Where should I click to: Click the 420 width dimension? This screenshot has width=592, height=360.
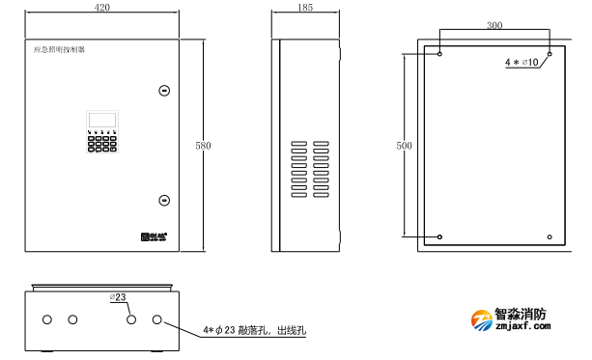102,8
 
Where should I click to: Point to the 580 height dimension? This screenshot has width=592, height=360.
203,146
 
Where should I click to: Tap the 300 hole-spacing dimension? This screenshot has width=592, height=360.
494,24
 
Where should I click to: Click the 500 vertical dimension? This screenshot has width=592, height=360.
405,146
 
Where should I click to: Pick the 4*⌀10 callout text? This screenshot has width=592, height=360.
522,63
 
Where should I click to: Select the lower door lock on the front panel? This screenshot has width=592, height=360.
164,201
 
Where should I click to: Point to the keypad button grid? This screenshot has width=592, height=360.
100,143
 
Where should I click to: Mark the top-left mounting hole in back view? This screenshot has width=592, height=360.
440,54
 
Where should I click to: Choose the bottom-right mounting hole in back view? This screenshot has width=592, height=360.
550,237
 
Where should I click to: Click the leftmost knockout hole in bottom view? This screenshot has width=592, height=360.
45,319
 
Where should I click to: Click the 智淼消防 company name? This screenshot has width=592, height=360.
522,315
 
